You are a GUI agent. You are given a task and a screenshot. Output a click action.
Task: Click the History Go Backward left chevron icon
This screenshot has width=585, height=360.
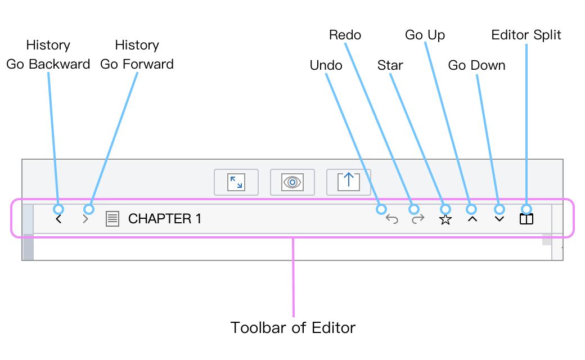58,219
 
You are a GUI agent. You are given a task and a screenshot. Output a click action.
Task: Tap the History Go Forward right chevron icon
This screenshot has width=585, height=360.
85,219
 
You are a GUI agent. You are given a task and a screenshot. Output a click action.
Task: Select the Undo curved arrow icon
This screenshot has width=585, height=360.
391,219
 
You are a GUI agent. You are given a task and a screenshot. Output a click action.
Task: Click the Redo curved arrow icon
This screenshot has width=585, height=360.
418,219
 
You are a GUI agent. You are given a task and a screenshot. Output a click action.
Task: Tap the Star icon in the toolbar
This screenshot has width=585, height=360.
445,219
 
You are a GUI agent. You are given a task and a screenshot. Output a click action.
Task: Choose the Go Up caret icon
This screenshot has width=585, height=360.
472,219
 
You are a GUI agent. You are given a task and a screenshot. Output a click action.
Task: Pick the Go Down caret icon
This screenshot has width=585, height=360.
499,219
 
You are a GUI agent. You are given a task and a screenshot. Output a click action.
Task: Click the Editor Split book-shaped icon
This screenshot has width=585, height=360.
526,219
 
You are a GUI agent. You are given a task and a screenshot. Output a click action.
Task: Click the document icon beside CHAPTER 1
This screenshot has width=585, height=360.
112,219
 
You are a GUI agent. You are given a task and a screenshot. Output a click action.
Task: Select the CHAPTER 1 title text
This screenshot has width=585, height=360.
164,219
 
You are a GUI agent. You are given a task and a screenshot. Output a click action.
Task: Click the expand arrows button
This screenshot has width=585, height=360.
236,182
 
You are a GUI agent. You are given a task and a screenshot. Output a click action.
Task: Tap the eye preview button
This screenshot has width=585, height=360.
292,182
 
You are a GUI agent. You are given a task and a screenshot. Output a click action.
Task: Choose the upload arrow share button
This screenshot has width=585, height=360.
348,182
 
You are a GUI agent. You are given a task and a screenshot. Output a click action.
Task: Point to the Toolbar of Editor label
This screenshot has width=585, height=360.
293,328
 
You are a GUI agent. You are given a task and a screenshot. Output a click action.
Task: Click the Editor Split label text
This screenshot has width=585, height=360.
526,35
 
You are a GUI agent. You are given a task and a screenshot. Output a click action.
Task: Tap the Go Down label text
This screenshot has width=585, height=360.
476,65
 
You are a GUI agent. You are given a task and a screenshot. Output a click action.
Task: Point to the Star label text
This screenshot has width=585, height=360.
390,65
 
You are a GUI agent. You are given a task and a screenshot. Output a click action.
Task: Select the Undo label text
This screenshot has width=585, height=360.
326,65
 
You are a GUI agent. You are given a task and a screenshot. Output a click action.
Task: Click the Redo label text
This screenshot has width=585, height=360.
345,35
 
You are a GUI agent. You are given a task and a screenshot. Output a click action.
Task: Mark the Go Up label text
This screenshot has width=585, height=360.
425,35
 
